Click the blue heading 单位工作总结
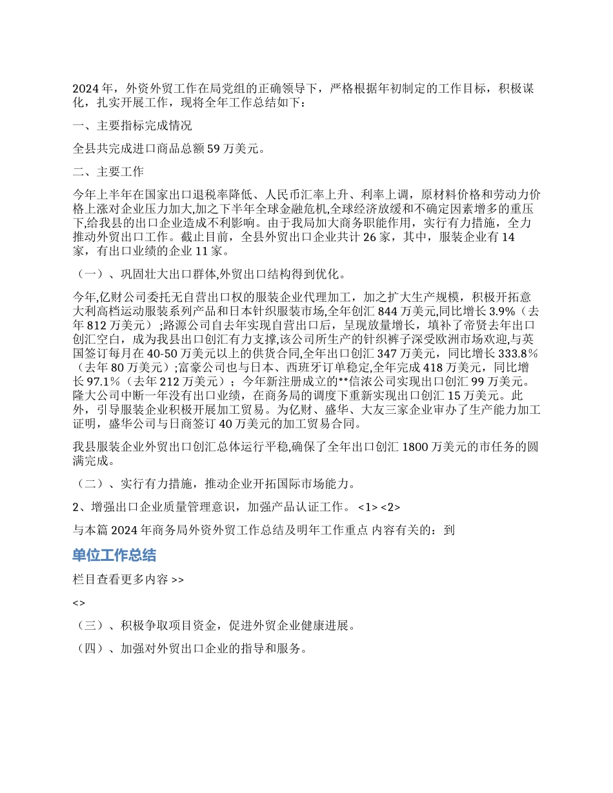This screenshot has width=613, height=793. tap(114, 555)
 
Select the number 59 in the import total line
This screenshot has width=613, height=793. tap(214, 149)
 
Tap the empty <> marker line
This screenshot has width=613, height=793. tap(78, 603)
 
